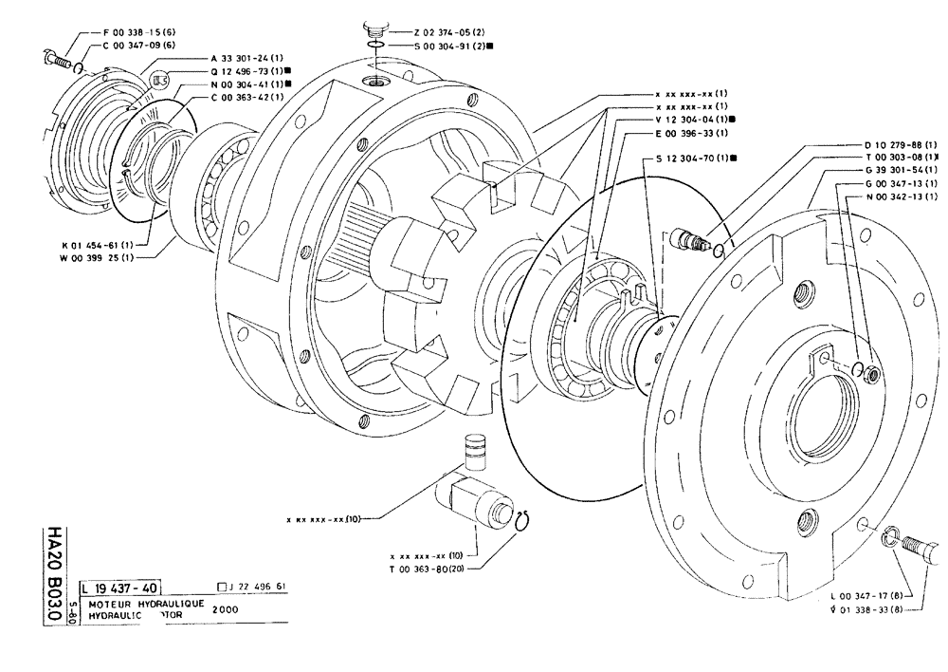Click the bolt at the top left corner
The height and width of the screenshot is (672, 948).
(57, 58)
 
